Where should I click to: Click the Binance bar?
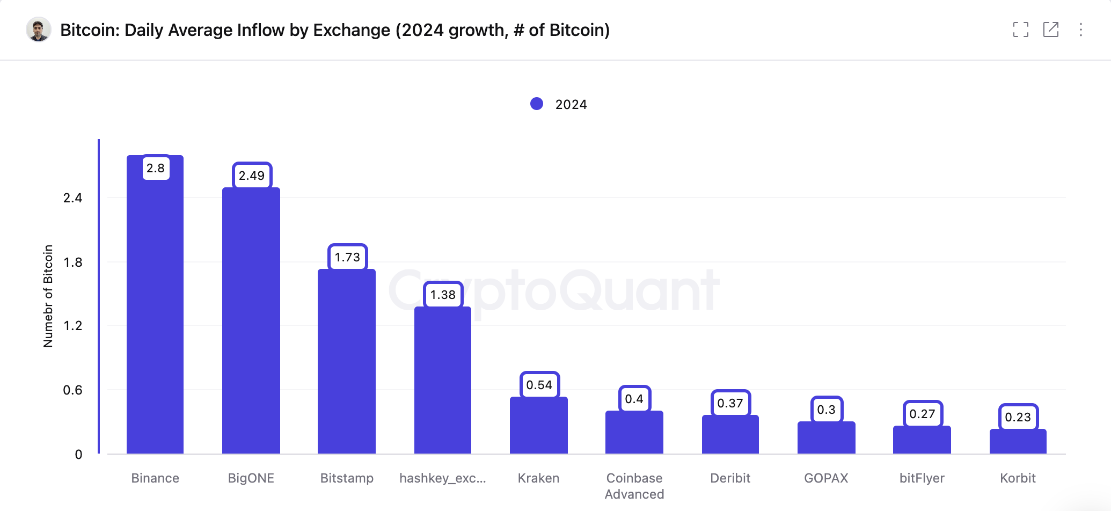155,311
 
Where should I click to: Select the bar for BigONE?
251,322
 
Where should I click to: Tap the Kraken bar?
538,427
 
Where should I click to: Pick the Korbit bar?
1018,442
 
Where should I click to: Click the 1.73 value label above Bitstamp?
347,257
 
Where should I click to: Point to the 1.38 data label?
443,295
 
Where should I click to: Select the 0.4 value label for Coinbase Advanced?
634,399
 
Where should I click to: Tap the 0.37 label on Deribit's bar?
730,403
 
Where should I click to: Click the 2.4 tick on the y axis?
73,198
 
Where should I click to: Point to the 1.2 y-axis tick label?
73,326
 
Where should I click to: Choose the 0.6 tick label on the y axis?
73,390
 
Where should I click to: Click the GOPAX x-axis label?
826,478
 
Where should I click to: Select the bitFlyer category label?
922,478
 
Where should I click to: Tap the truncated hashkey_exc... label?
443,478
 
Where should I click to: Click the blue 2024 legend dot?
537,104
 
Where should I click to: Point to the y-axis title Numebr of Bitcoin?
48,296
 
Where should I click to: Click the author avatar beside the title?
38,30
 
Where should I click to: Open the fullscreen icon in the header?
1020,30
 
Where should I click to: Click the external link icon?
1050,30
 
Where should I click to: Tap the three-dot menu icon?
1081,30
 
